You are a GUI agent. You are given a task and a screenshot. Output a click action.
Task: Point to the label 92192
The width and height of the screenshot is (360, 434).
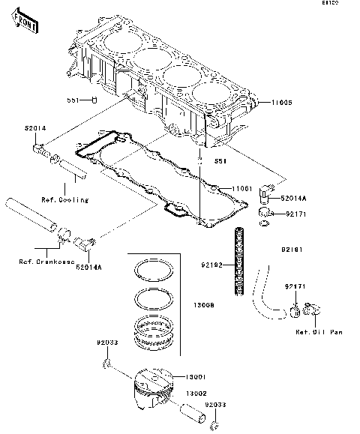click(211, 265)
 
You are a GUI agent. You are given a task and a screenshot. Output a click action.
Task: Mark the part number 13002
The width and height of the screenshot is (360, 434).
click(196, 393)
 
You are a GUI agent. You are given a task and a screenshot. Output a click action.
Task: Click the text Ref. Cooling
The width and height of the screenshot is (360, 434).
click(64, 199)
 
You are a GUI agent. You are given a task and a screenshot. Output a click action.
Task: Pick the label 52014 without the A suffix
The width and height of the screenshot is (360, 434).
click(34, 128)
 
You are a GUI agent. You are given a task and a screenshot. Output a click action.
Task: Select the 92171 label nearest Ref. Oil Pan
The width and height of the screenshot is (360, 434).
click(294, 286)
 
